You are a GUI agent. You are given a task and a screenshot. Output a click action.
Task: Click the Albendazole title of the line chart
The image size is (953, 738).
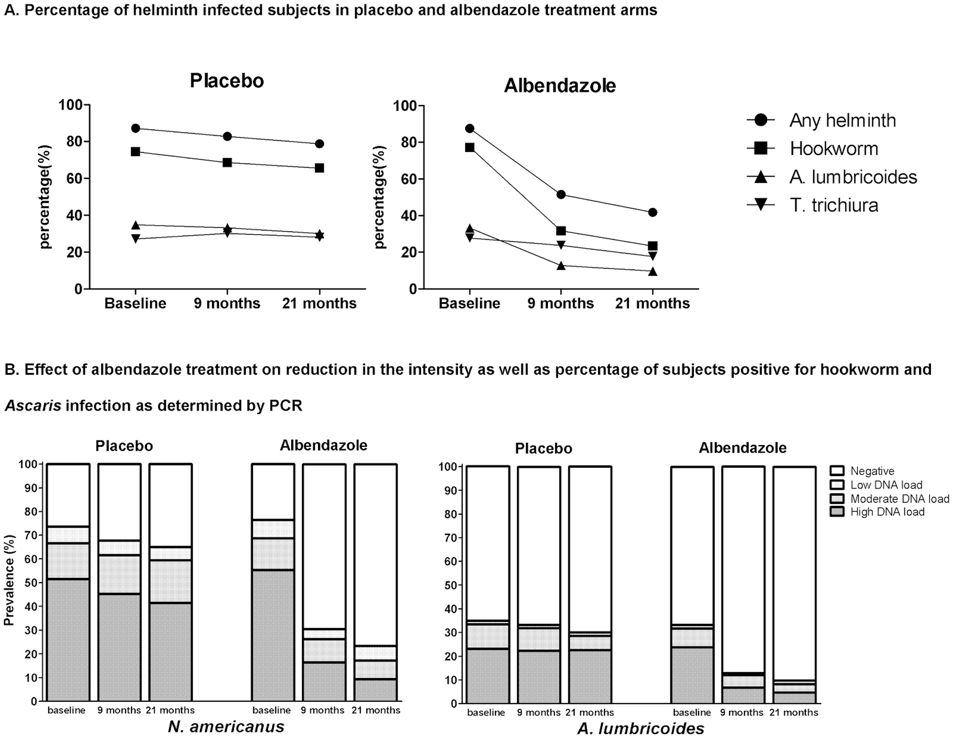(x=560, y=86)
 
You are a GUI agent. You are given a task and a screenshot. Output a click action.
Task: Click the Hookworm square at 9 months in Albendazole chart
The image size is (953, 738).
(x=561, y=231)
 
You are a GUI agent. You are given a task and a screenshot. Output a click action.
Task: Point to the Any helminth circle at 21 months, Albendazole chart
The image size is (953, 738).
(x=653, y=212)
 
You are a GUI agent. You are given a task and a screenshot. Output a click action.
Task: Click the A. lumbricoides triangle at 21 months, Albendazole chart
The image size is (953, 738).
(x=653, y=271)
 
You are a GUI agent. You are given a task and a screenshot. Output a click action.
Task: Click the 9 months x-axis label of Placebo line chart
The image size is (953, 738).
(x=227, y=303)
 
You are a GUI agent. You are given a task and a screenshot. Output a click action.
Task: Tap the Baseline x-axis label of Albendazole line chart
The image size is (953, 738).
(x=470, y=303)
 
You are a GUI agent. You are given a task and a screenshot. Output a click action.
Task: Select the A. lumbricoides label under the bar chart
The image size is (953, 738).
(x=641, y=728)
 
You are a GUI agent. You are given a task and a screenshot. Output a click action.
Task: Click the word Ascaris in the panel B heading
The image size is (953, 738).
(x=33, y=405)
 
